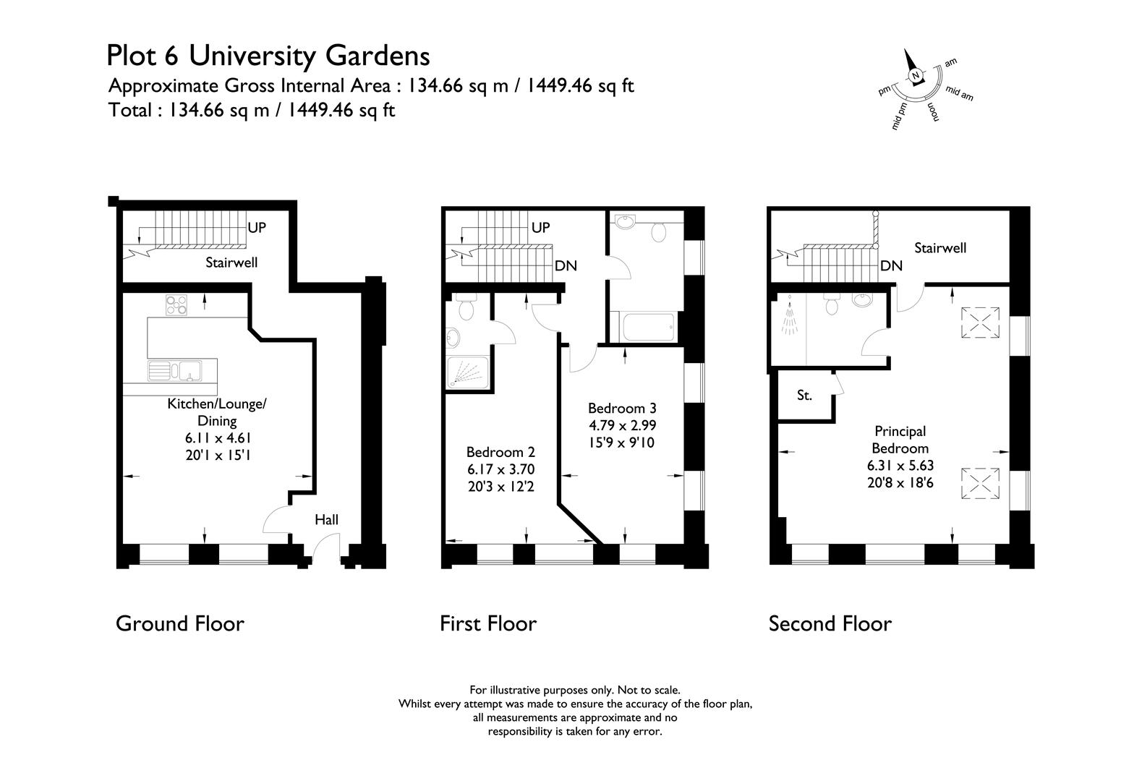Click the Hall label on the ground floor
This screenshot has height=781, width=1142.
click(326, 520)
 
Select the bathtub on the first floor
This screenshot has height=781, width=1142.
click(642, 327)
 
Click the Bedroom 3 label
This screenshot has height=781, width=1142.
click(622, 409)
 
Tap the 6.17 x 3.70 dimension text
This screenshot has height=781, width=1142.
click(500, 469)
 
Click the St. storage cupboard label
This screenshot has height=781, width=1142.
click(804, 396)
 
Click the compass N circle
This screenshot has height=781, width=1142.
click(916, 76)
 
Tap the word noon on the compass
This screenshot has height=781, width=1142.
click(934, 113)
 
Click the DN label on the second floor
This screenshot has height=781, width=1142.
click(891, 266)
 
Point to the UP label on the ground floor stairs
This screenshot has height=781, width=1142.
click(257, 228)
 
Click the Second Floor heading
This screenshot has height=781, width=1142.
click(830, 624)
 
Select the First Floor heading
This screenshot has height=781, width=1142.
click(488, 624)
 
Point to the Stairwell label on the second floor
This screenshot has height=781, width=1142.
click(940, 248)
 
